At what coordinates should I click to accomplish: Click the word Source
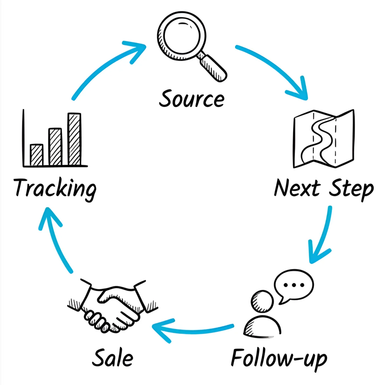(192, 99)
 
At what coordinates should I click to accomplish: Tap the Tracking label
(55, 188)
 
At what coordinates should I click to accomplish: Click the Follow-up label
(279, 358)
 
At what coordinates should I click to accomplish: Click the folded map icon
(324, 138)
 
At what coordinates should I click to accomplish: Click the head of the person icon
(262, 301)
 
